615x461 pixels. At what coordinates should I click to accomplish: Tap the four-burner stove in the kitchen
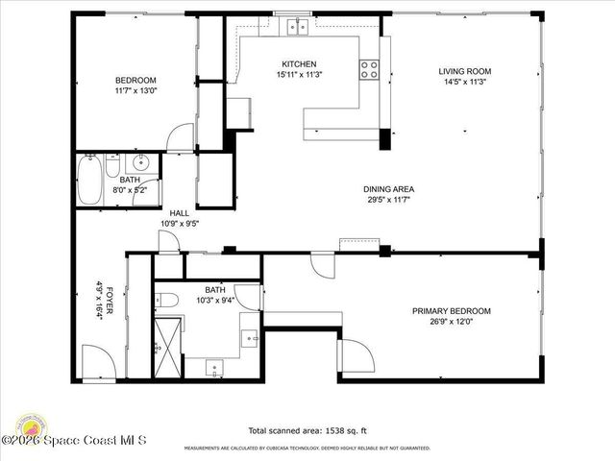370,69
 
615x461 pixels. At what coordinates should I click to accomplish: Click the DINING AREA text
390,189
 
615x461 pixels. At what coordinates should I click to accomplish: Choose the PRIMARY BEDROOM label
451,311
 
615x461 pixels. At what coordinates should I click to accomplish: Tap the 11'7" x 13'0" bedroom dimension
135,91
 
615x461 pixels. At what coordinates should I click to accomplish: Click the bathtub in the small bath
91,182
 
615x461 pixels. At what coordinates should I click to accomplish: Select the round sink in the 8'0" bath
140,161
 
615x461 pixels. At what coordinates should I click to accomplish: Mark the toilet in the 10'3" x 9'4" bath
164,299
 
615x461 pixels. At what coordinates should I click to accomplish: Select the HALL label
179,213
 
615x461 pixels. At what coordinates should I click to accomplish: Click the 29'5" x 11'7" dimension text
390,201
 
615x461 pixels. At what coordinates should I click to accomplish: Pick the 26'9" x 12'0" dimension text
451,323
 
